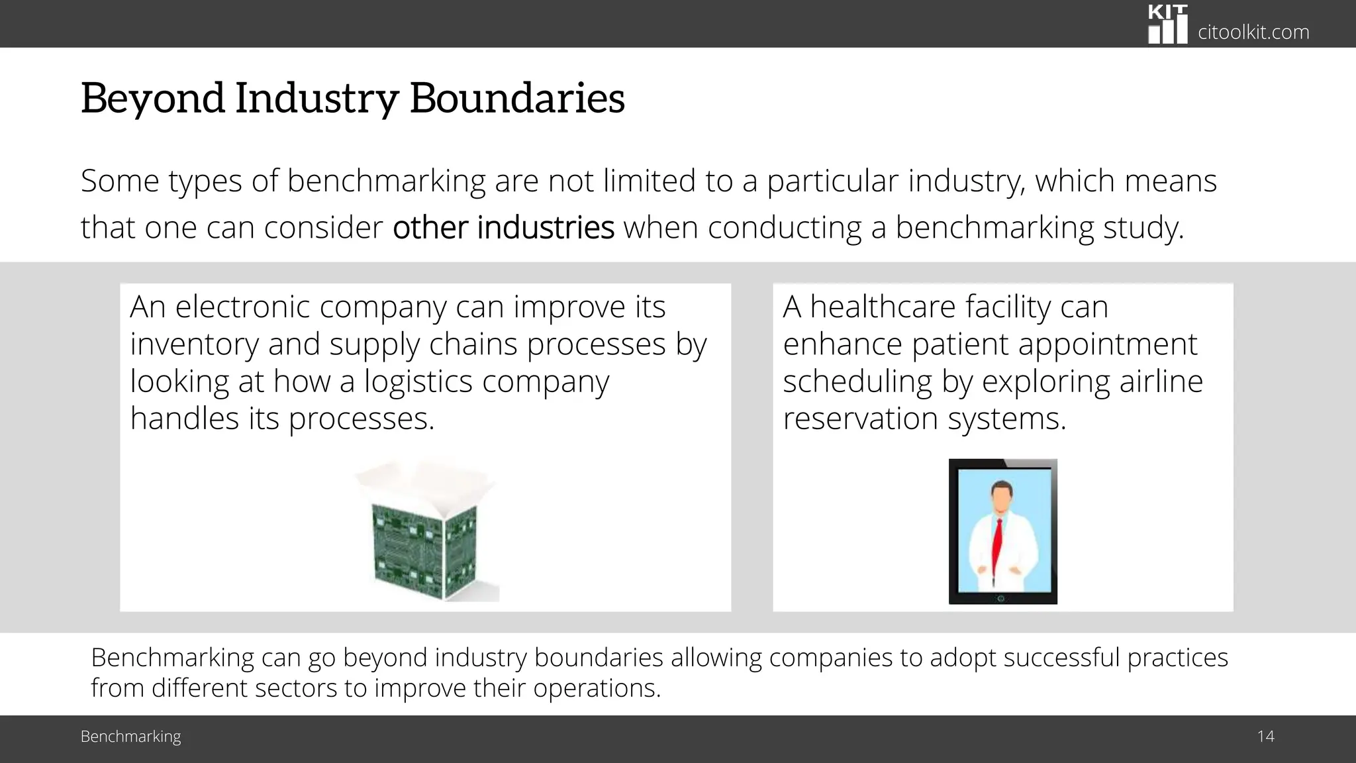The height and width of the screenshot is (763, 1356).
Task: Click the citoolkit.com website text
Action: tap(1253, 32)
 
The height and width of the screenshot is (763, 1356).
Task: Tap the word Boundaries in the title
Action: tap(517, 98)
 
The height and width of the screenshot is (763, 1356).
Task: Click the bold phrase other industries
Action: tap(503, 227)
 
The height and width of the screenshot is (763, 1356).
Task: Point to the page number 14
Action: tap(1265, 737)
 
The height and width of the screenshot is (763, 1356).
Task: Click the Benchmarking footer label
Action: tap(130, 737)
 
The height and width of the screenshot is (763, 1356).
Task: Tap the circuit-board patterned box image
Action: tap(424, 550)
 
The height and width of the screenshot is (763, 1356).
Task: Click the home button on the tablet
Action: tap(1001, 599)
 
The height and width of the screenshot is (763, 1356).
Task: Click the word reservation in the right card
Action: tap(860, 419)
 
